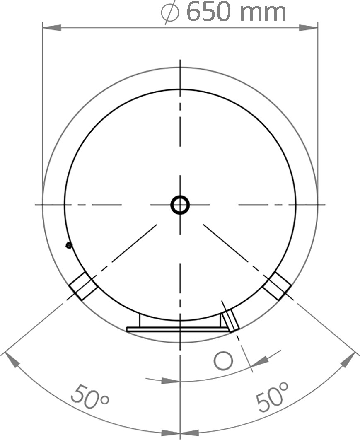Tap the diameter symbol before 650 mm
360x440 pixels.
click(x=170, y=12)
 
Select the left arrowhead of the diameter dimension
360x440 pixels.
click(x=52, y=28)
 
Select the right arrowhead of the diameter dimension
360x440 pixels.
click(x=308, y=28)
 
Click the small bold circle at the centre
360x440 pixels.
click(x=180, y=205)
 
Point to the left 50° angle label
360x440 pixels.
click(x=89, y=397)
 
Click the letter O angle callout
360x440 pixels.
click(x=223, y=361)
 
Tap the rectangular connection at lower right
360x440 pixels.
click(x=277, y=285)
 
